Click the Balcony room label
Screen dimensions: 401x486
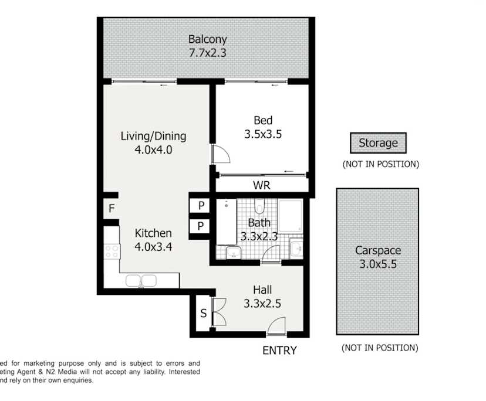click(x=207, y=39)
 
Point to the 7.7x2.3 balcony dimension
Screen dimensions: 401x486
click(x=207, y=53)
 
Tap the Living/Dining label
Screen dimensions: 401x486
click(x=153, y=136)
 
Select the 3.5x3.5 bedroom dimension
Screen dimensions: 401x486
click(x=263, y=134)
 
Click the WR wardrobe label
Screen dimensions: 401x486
click(x=261, y=185)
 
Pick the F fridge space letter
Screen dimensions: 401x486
click(x=110, y=208)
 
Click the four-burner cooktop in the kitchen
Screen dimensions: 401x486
click(x=112, y=252)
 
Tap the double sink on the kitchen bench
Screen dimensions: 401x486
click(x=141, y=281)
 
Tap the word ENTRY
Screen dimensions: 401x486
click(x=279, y=351)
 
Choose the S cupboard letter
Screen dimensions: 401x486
click(x=204, y=314)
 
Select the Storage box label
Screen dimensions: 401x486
click(x=378, y=142)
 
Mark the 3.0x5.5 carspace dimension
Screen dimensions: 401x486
click(x=377, y=264)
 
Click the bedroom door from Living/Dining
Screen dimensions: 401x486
click(x=220, y=154)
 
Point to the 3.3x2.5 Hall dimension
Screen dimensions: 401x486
click(x=262, y=304)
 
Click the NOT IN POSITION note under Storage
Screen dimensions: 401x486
click(x=380, y=164)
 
